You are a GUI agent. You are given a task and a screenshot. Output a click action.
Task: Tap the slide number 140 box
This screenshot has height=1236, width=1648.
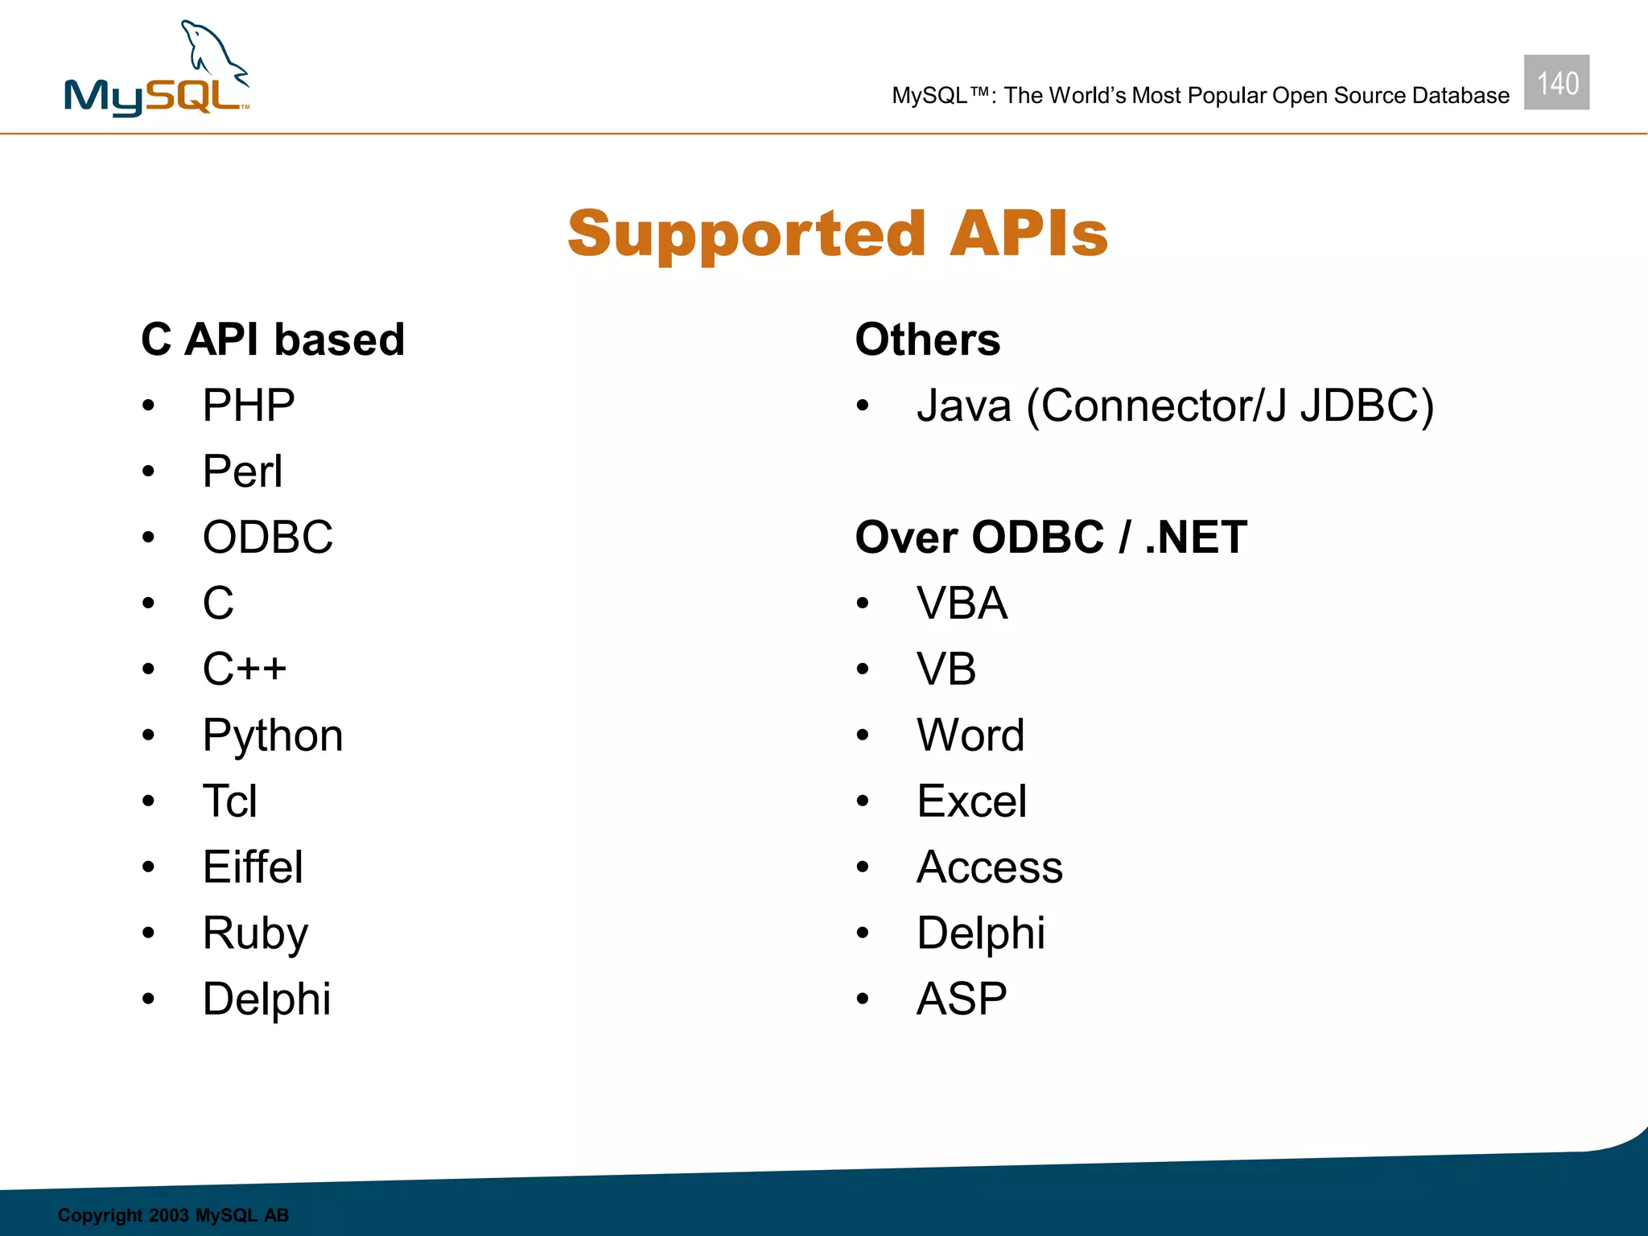point(1556,83)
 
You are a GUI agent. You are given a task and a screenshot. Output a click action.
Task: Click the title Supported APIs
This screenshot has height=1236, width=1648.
point(838,233)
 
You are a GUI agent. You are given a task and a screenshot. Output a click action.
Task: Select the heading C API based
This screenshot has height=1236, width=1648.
point(273,339)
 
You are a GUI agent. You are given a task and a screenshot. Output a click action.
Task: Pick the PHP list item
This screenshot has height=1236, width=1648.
point(249,405)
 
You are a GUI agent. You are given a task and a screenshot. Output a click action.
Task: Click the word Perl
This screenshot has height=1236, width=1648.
point(242,471)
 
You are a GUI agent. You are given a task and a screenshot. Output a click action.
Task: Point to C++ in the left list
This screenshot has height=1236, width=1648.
point(245,669)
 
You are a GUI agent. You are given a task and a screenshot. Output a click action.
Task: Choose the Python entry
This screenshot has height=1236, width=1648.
point(273,735)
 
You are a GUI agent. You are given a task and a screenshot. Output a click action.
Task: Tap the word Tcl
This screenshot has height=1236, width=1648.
point(230,801)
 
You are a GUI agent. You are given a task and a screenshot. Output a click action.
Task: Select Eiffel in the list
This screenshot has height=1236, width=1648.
point(253,867)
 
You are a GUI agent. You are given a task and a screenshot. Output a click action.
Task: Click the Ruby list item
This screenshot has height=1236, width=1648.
point(255,933)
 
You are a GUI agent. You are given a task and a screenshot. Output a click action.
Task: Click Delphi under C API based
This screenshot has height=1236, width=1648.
point(266,999)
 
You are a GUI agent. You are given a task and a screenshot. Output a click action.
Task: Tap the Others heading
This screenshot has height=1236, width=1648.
point(927,339)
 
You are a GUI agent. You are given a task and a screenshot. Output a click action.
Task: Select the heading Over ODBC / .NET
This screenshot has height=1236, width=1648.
point(1051,537)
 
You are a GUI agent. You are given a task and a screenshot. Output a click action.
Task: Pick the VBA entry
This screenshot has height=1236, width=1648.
point(962,603)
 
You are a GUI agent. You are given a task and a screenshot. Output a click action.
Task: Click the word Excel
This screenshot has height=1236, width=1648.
point(971,801)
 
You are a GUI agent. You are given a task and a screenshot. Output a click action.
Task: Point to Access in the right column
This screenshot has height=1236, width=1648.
point(990,867)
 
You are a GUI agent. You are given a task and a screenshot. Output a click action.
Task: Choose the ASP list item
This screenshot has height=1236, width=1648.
point(962,999)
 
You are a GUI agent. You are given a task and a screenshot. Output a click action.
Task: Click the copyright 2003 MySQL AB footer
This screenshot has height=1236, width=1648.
point(173,1215)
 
